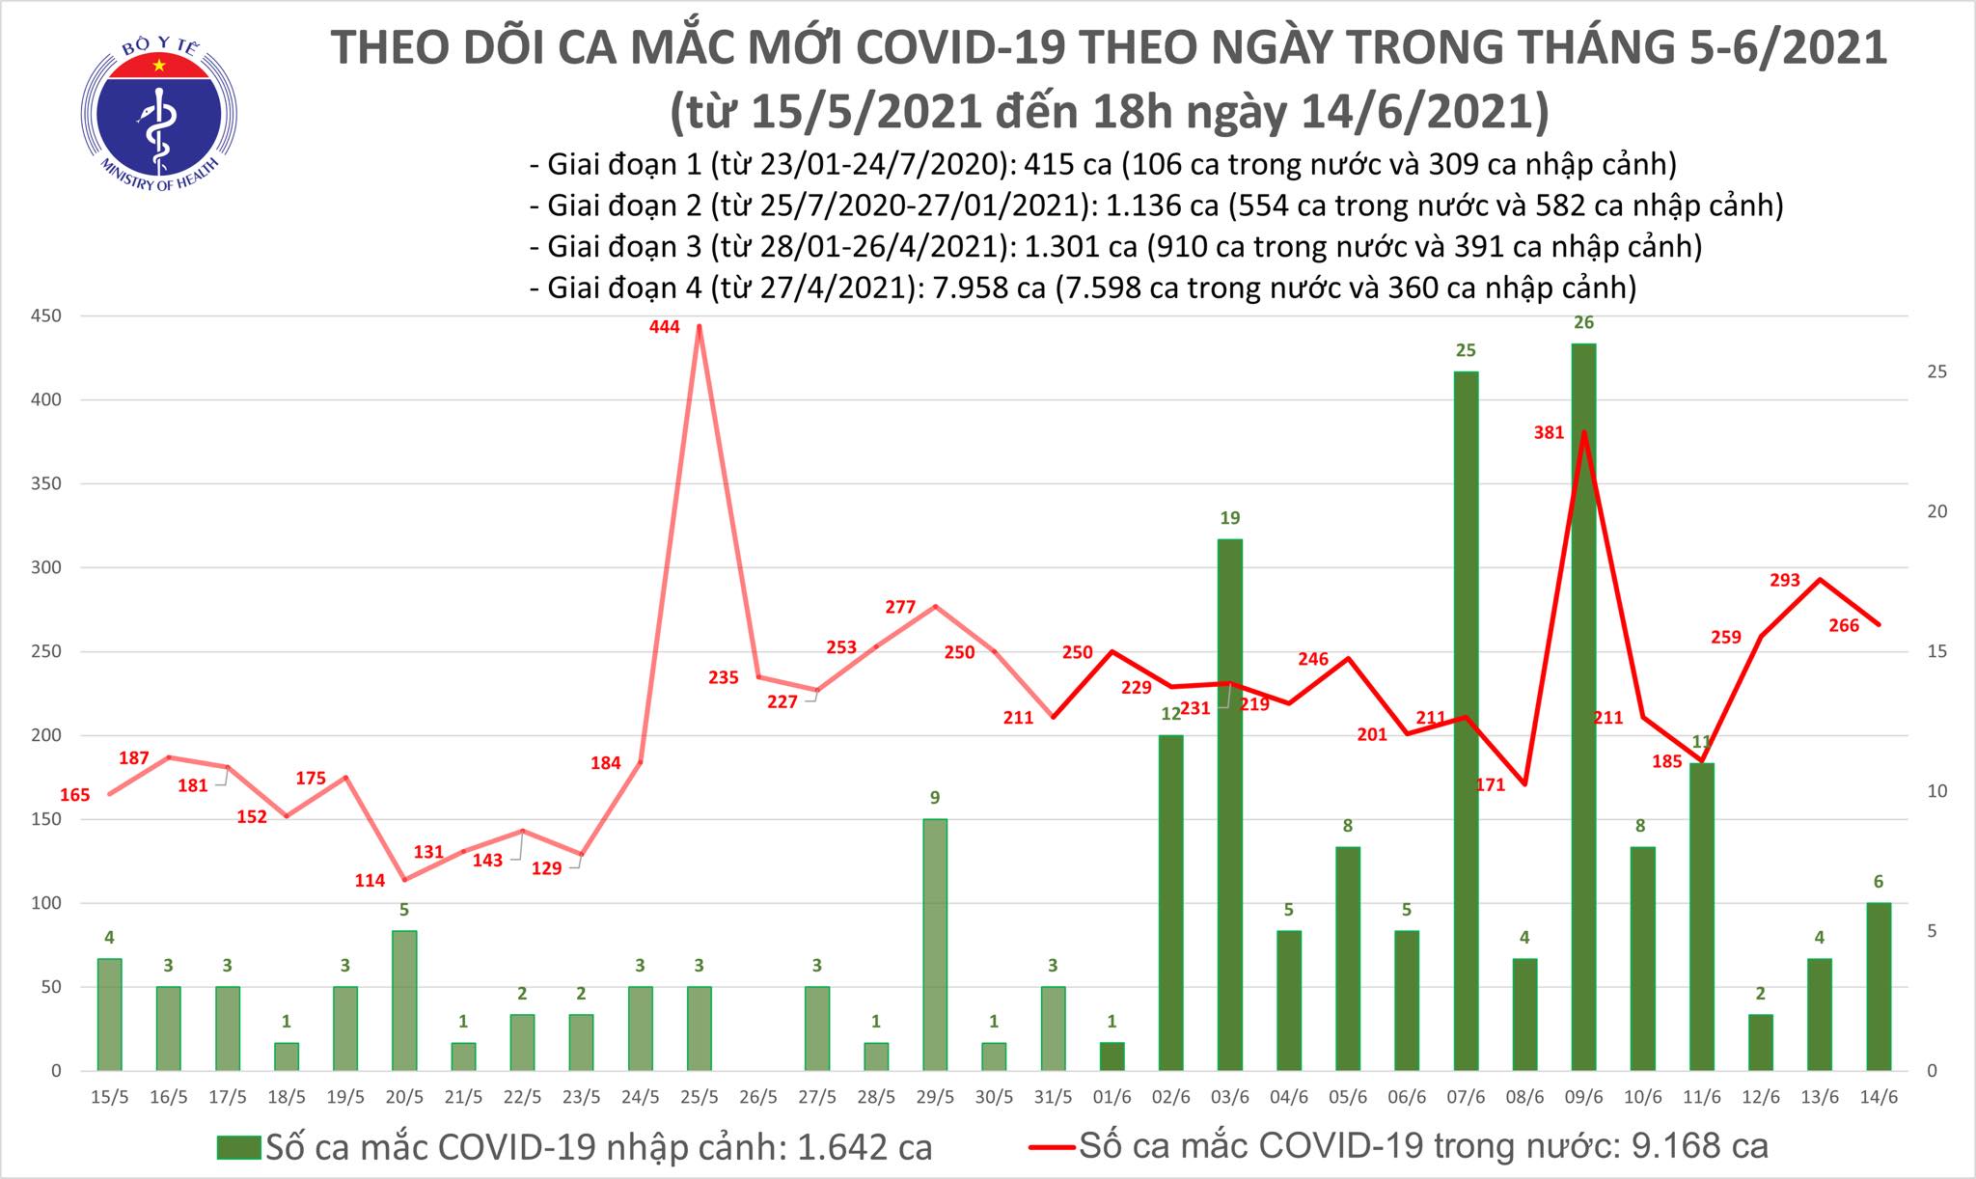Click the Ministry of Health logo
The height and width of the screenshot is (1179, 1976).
(157, 108)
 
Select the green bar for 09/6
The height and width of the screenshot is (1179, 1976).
(1583, 704)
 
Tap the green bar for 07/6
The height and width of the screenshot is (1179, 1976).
(1466, 719)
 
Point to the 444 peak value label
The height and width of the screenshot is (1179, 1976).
(665, 327)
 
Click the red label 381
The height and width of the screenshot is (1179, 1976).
(1549, 433)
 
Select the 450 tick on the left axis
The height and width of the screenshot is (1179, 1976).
(44, 315)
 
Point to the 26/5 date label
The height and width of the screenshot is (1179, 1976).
(757, 1099)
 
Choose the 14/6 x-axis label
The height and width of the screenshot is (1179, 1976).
(1878, 1099)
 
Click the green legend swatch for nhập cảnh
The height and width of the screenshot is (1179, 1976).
(238, 1147)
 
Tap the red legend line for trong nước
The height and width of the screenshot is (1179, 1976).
(1051, 1147)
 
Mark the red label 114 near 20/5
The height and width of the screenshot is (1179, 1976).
(370, 880)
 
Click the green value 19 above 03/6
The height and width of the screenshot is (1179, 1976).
(1230, 518)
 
